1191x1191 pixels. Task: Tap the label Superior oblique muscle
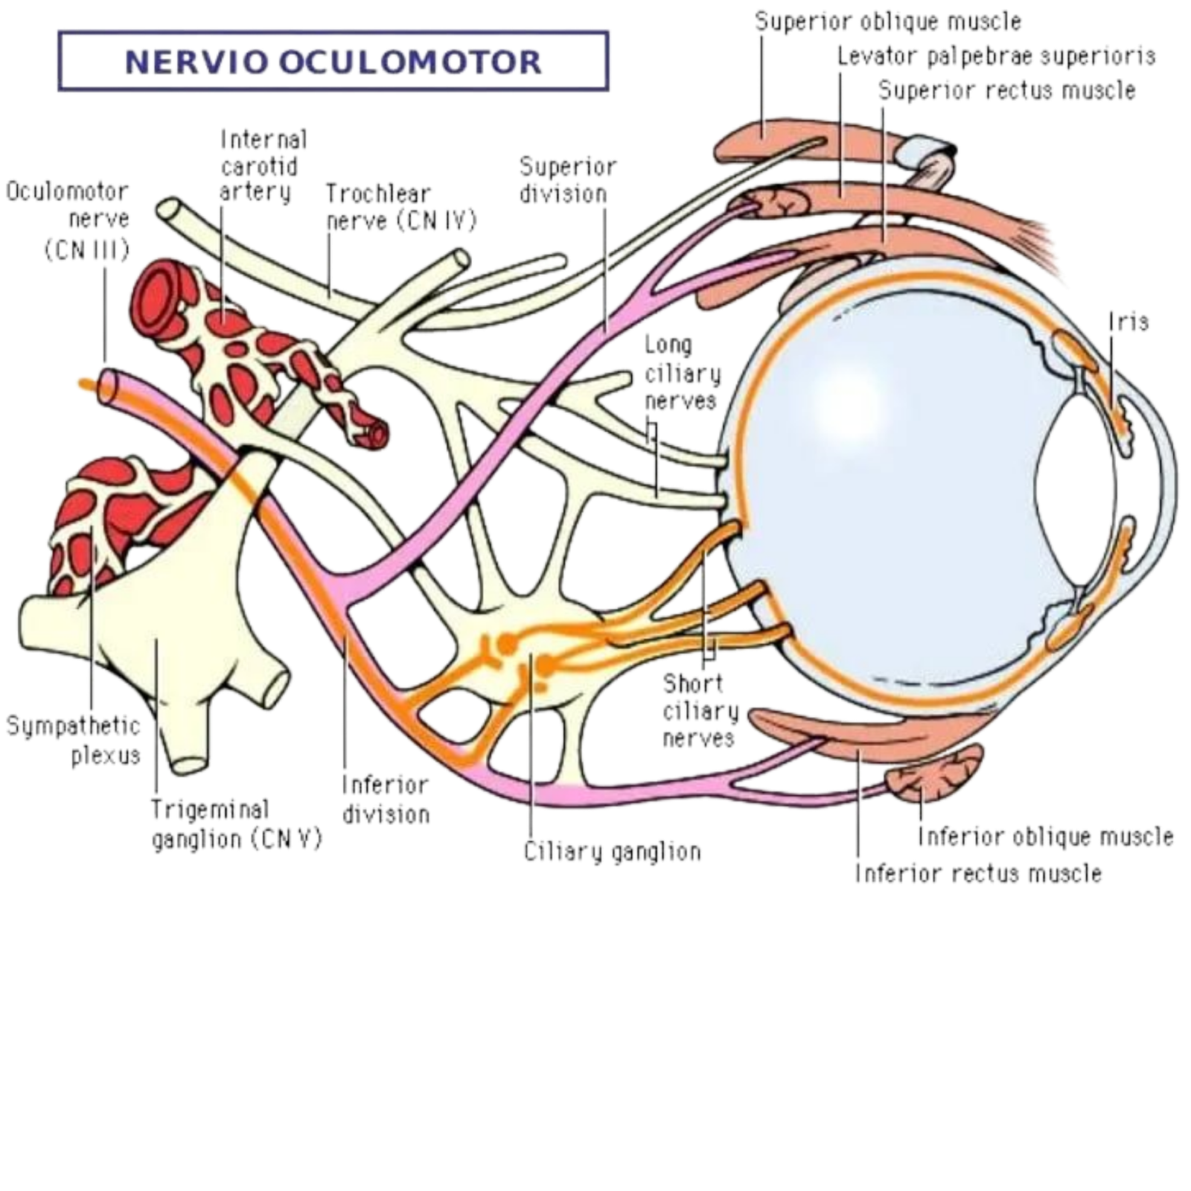pyautogui.click(x=888, y=22)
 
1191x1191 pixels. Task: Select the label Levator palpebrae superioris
pyautogui.click(x=997, y=56)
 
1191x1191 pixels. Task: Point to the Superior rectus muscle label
pyautogui.click(x=1006, y=91)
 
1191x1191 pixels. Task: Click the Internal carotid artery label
pyautogui.click(x=264, y=165)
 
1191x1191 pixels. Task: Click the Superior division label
pyautogui.click(x=568, y=179)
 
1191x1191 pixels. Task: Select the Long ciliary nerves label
pyautogui.click(x=682, y=373)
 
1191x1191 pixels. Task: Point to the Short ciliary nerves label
pyautogui.click(x=700, y=710)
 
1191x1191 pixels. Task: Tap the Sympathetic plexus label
pyautogui.click(x=74, y=740)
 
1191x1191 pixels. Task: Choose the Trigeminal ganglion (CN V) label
pyautogui.click(x=237, y=823)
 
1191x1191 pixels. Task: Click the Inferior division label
pyautogui.click(x=385, y=799)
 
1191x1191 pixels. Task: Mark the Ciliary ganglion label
pyautogui.click(x=612, y=852)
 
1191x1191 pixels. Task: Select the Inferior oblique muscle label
pyautogui.click(x=1047, y=837)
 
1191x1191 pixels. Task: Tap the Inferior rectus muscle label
pyautogui.click(x=979, y=872)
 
